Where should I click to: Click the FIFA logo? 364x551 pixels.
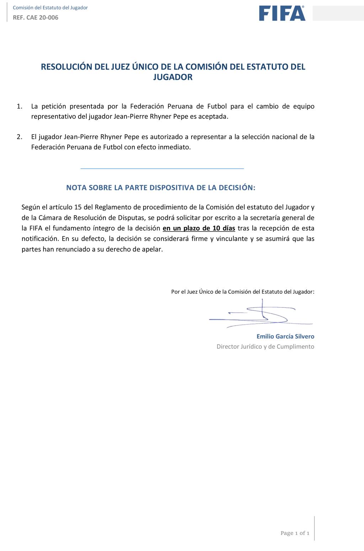point(282,13)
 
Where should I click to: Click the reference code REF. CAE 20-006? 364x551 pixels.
point(36,17)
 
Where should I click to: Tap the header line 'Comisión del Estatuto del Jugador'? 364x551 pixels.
point(50,7)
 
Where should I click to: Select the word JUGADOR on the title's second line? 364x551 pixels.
point(173,77)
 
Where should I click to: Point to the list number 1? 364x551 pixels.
point(20,106)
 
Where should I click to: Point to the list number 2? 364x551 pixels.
point(20,137)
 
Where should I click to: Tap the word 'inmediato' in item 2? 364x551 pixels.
point(175,147)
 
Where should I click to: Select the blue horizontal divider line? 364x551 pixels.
point(162,168)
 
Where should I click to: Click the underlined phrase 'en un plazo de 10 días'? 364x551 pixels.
point(199,228)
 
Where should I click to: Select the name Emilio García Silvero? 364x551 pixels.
point(285,336)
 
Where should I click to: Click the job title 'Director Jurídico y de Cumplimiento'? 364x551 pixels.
point(265,347)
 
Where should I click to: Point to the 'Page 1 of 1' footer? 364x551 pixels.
point(295,533)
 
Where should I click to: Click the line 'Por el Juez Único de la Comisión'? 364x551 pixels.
point(242,292)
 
